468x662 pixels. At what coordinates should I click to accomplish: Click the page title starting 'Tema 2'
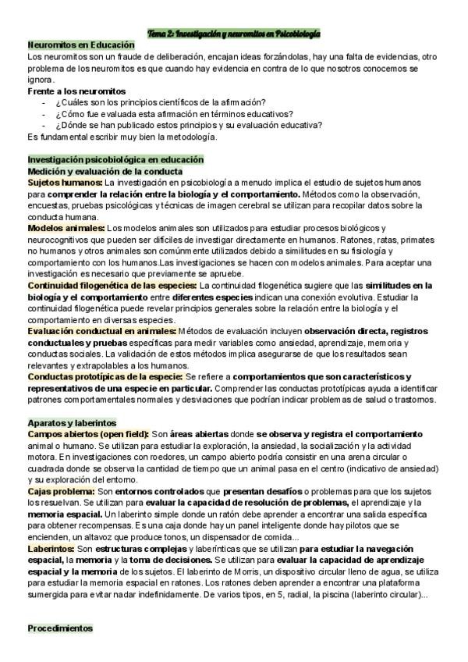234,34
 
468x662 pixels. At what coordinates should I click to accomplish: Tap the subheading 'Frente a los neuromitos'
76,91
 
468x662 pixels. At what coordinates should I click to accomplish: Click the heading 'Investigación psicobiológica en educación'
115,159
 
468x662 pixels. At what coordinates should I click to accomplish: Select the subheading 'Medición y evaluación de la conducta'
105,171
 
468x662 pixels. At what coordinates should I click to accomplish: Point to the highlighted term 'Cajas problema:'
61,491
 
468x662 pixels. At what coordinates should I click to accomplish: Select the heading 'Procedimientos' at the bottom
59,628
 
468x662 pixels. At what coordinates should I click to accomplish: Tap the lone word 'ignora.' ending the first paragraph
41,80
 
